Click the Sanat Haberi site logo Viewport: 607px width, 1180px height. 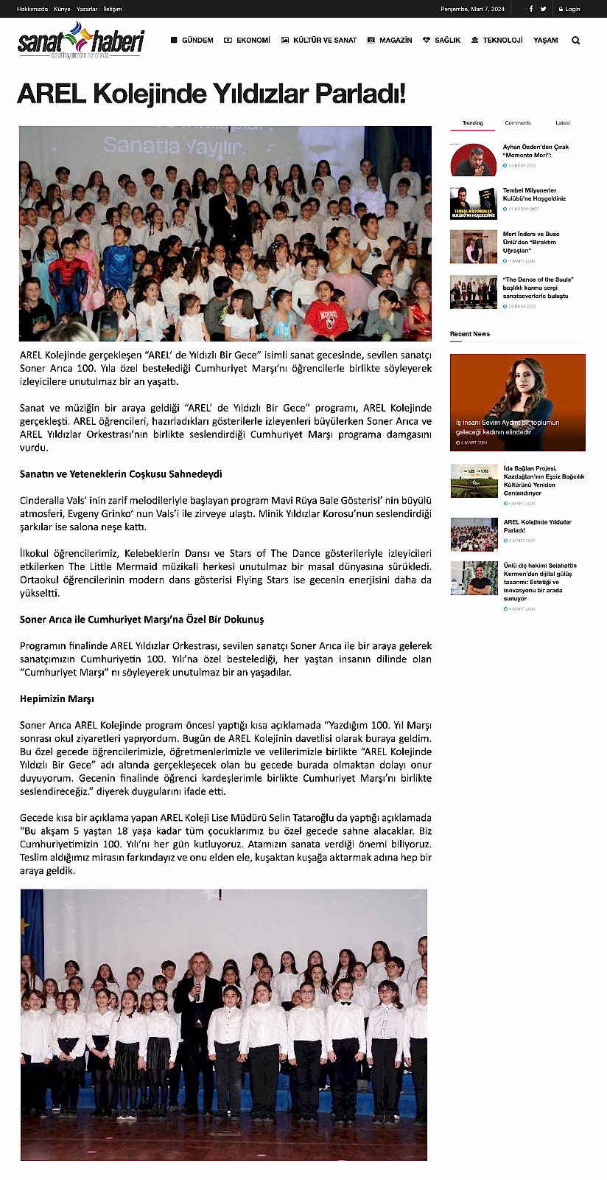click(80, 41)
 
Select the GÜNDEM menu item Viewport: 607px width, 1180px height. click(192, 40)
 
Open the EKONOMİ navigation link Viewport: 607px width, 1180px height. click(248, 40)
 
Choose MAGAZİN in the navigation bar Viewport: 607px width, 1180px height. click(390, 40)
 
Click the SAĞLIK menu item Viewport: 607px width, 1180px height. click(442, 40)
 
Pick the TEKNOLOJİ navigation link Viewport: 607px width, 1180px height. click(497, 40)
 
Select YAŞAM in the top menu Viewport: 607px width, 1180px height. click(546, 40)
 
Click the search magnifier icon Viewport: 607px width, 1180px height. click(576, 41)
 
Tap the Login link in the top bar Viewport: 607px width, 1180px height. click(569, 9)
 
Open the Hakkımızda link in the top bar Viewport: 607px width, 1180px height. click(32, 9)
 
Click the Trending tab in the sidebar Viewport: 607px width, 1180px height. click(472, 123)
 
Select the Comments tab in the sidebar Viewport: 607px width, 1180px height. click(518, 123)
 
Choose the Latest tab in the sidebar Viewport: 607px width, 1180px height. click(563, 123)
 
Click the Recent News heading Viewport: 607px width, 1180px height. click(470, 334)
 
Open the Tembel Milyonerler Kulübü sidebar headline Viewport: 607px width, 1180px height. click(534, 195)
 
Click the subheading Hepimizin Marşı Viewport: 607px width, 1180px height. click(57, 698)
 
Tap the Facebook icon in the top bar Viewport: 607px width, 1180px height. click(531, 9)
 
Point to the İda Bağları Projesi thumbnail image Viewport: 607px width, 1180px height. click(474, 481)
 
